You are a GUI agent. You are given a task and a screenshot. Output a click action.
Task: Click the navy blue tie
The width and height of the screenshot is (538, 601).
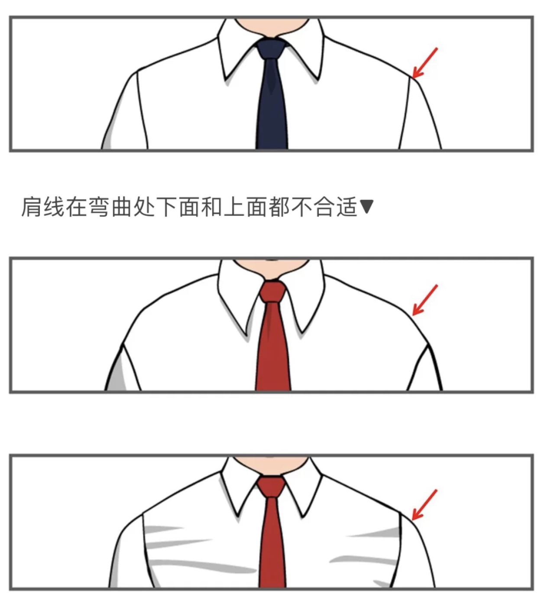272,108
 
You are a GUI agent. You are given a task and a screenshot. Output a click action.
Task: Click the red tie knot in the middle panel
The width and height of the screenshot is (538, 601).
272,292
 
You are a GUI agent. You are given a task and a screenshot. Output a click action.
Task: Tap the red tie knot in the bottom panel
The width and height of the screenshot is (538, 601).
271,487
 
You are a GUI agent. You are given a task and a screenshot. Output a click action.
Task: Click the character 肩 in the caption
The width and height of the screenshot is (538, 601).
32,207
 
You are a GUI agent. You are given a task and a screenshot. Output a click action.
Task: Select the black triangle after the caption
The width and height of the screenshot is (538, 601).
366,207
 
